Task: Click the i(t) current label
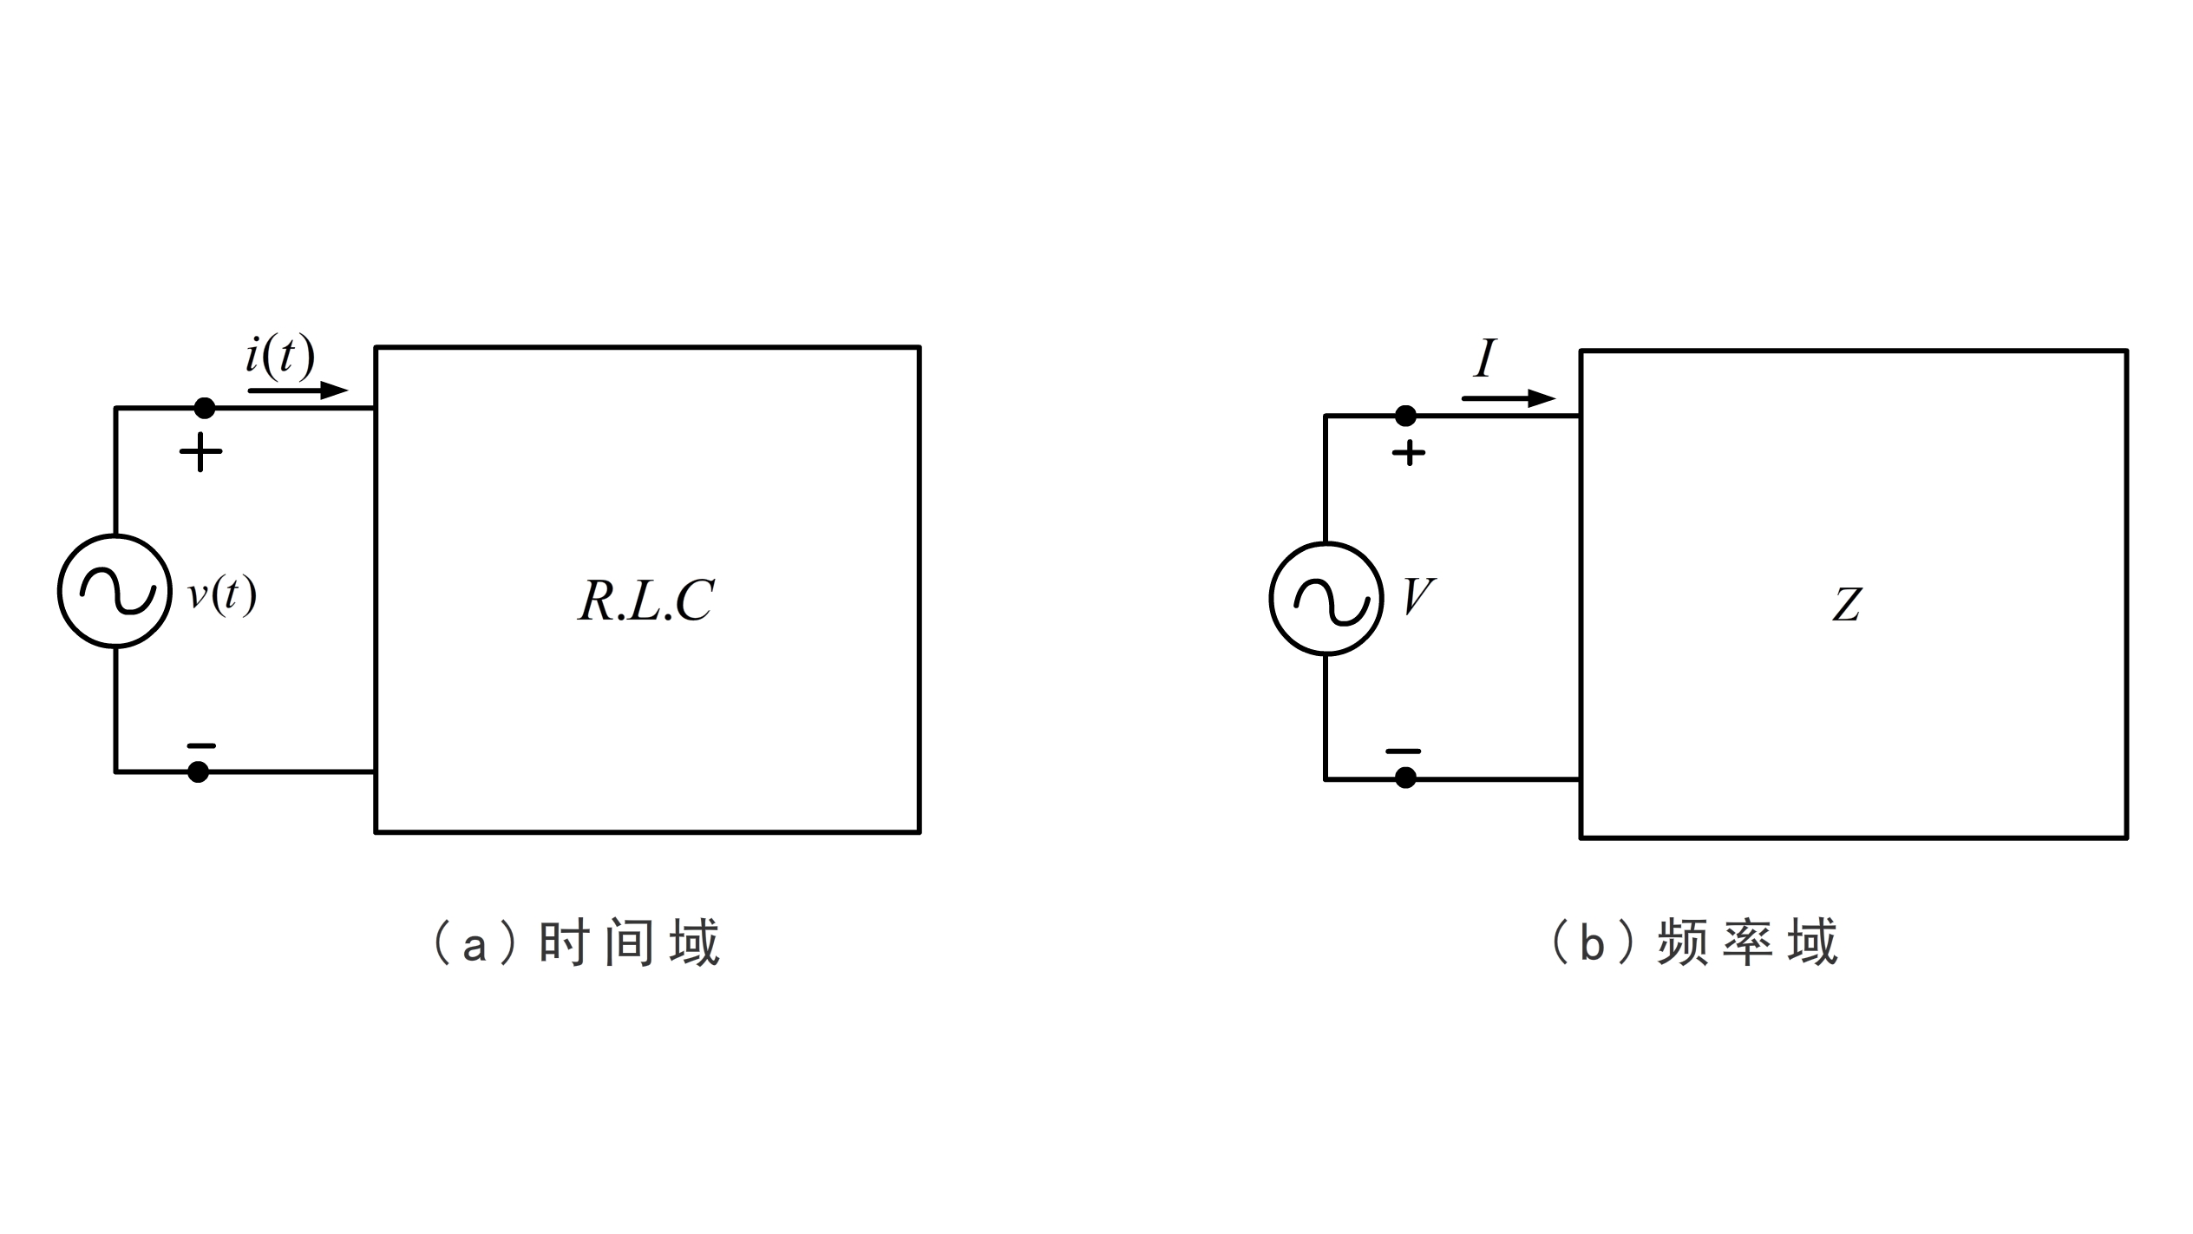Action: [x=279, y=358]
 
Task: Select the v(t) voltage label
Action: [x=222, y=595]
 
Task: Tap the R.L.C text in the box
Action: [x=646, y=601]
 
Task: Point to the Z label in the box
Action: [x=1847, y=605]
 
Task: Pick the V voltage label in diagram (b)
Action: [x=1418, y=597]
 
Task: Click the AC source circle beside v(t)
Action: [x=115, y=591]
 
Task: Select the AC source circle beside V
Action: [x=1326, y=599]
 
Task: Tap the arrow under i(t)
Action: [x=298, y=391]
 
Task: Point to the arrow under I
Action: [x=1508, y=399]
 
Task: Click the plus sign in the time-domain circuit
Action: [x=200, y=452]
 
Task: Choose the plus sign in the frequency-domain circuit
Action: [x=1409, y=453]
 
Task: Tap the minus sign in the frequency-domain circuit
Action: [x=1403, y=752]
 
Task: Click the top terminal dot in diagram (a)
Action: [x=204, y=408]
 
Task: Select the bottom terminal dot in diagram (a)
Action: [x=199, y=771]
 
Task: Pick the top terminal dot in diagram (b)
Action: [x=1405, y=417]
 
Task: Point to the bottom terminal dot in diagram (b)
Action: [x=1405, y=778]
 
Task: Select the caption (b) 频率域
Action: [x=1693, y=944]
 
